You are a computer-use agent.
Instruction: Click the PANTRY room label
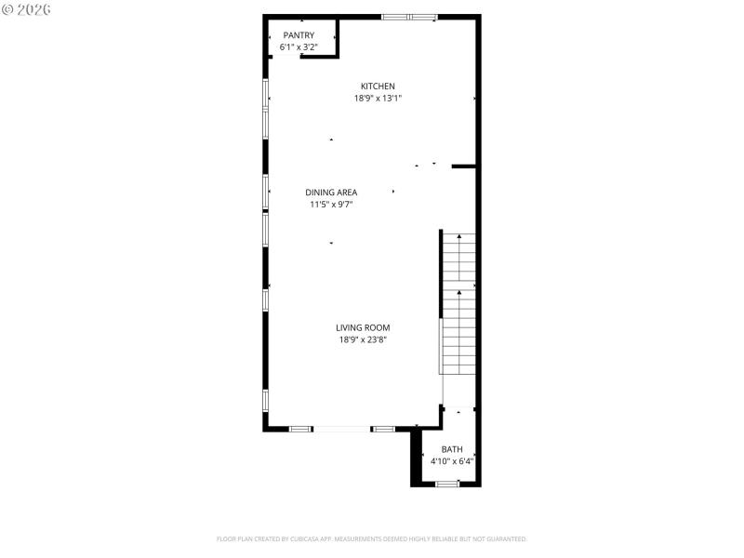299,34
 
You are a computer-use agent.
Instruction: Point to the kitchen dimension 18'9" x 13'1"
378,98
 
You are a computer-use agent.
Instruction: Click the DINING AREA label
331,193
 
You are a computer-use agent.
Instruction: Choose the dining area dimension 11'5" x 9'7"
331,204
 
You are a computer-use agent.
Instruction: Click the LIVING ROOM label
363,327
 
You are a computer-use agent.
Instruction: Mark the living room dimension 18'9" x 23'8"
363,339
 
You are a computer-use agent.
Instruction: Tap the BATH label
452,449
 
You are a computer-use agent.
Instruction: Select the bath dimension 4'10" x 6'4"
452,460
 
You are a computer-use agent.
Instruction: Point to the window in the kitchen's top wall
409,17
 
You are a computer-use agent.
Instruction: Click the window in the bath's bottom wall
447,484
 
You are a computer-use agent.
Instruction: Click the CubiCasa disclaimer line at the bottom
372,538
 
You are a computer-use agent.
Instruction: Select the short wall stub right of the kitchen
464,166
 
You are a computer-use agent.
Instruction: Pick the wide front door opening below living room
342,429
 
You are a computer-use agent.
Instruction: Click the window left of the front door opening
300,429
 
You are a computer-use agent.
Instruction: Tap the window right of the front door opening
383,429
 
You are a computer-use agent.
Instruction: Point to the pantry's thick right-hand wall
337,37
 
